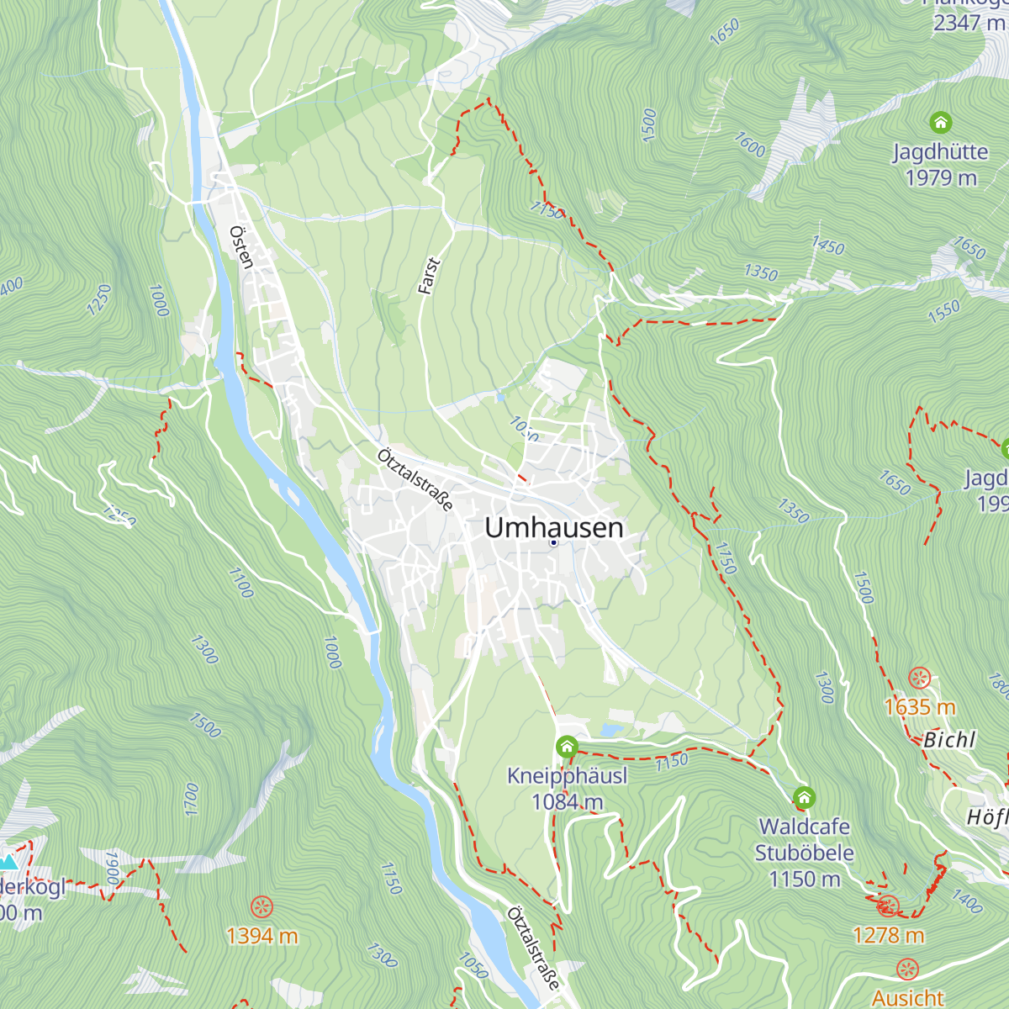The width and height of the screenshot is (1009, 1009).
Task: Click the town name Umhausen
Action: [554, 527]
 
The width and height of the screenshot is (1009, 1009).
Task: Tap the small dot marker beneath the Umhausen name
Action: [553, 543]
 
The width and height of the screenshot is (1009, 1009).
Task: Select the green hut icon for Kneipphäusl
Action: [567, 746]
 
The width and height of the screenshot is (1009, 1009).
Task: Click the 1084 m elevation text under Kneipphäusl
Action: [567, 802]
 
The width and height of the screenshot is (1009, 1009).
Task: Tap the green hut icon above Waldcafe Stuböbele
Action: [804, 797]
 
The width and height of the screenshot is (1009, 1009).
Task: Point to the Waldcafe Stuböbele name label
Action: [804, 840]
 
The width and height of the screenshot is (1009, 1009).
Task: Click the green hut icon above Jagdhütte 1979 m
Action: [940, 123]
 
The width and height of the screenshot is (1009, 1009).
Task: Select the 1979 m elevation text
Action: [940, 177]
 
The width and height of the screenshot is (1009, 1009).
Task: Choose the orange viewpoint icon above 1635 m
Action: [920, 678]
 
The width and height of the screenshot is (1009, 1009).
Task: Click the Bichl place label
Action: [949, 740]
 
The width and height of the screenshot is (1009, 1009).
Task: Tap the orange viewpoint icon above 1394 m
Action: [262, 906]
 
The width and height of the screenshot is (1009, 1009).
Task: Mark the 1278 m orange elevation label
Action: [888, 935]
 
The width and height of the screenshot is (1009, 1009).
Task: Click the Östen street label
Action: [241, 246]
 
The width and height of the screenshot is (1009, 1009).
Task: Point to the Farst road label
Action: [429, 276]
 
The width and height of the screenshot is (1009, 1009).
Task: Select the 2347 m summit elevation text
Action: [969, 23]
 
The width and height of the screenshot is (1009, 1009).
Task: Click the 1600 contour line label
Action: [749, 145]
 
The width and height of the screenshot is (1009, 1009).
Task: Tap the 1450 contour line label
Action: [827, 245]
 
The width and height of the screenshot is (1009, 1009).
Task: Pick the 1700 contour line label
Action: [191, 799]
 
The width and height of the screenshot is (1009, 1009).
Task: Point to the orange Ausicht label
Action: [907, 998]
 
